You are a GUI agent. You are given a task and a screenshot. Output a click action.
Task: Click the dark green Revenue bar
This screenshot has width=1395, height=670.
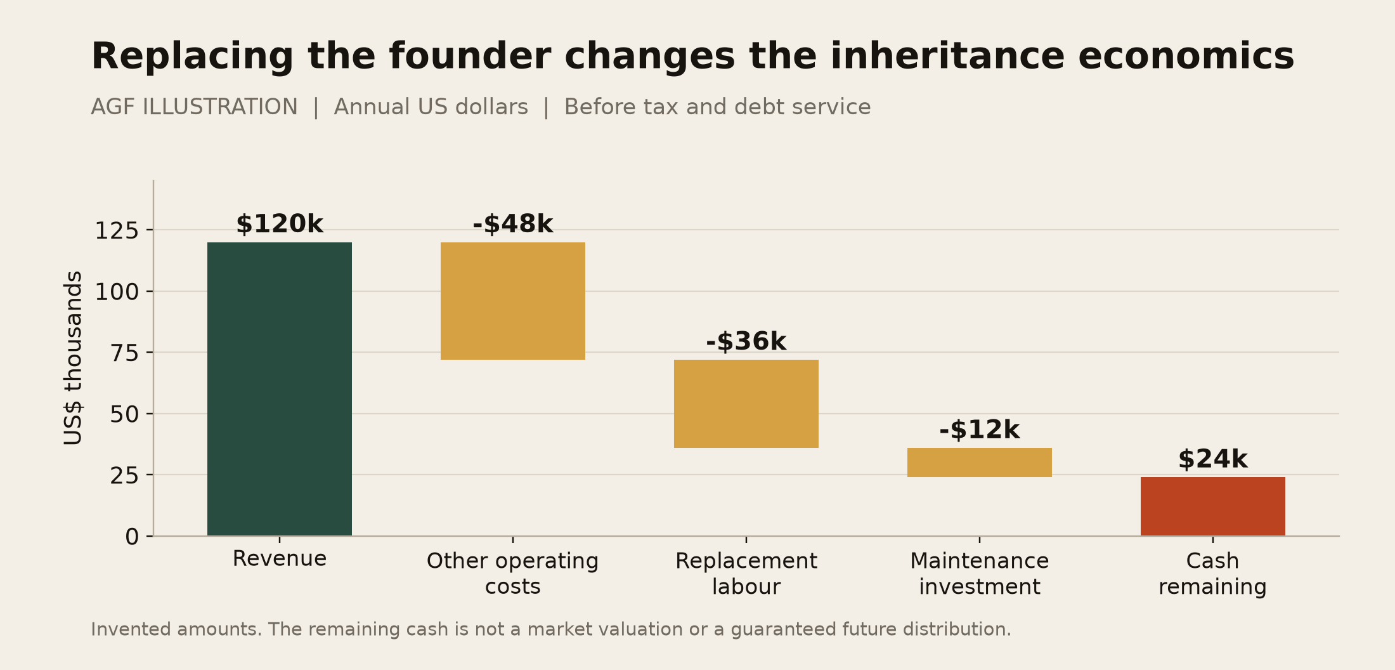coord(280,389)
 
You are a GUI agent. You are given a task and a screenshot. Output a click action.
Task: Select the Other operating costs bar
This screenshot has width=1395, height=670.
coord(513,301)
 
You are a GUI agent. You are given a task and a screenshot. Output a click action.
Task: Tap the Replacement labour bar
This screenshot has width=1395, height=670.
coord(746,404)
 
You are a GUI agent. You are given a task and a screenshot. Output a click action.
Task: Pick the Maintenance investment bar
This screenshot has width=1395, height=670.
coord(980,463)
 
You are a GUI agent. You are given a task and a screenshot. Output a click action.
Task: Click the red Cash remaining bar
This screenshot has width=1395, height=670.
coord(1213,506)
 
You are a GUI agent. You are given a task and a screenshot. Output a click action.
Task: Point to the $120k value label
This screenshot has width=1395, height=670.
coord(280,225)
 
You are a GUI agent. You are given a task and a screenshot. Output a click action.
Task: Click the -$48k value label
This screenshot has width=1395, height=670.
coord(513,225)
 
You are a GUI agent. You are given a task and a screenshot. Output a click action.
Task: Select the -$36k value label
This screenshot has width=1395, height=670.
coord(746,342)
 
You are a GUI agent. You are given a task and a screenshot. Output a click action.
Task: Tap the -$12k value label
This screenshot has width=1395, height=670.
coord(980,430)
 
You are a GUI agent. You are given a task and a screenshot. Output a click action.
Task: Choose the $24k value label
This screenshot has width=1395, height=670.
coord(1213,459)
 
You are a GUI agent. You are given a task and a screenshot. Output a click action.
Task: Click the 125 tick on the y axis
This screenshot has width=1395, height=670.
coord(117,230)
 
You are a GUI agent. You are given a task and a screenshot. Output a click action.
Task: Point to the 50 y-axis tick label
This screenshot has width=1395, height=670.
coord(124,414)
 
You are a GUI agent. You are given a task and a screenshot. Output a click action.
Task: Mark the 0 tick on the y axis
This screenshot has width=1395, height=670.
coord(132,537)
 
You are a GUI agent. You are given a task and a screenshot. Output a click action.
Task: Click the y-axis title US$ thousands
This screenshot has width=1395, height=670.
coord(74,358)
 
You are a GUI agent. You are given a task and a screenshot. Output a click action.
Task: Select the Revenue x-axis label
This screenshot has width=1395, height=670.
coord(280,559)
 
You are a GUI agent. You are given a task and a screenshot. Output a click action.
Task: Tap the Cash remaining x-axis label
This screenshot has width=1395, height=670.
coord(1213,574)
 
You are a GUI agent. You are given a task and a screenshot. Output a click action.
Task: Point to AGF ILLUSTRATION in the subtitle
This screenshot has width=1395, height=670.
coord(194,107)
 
